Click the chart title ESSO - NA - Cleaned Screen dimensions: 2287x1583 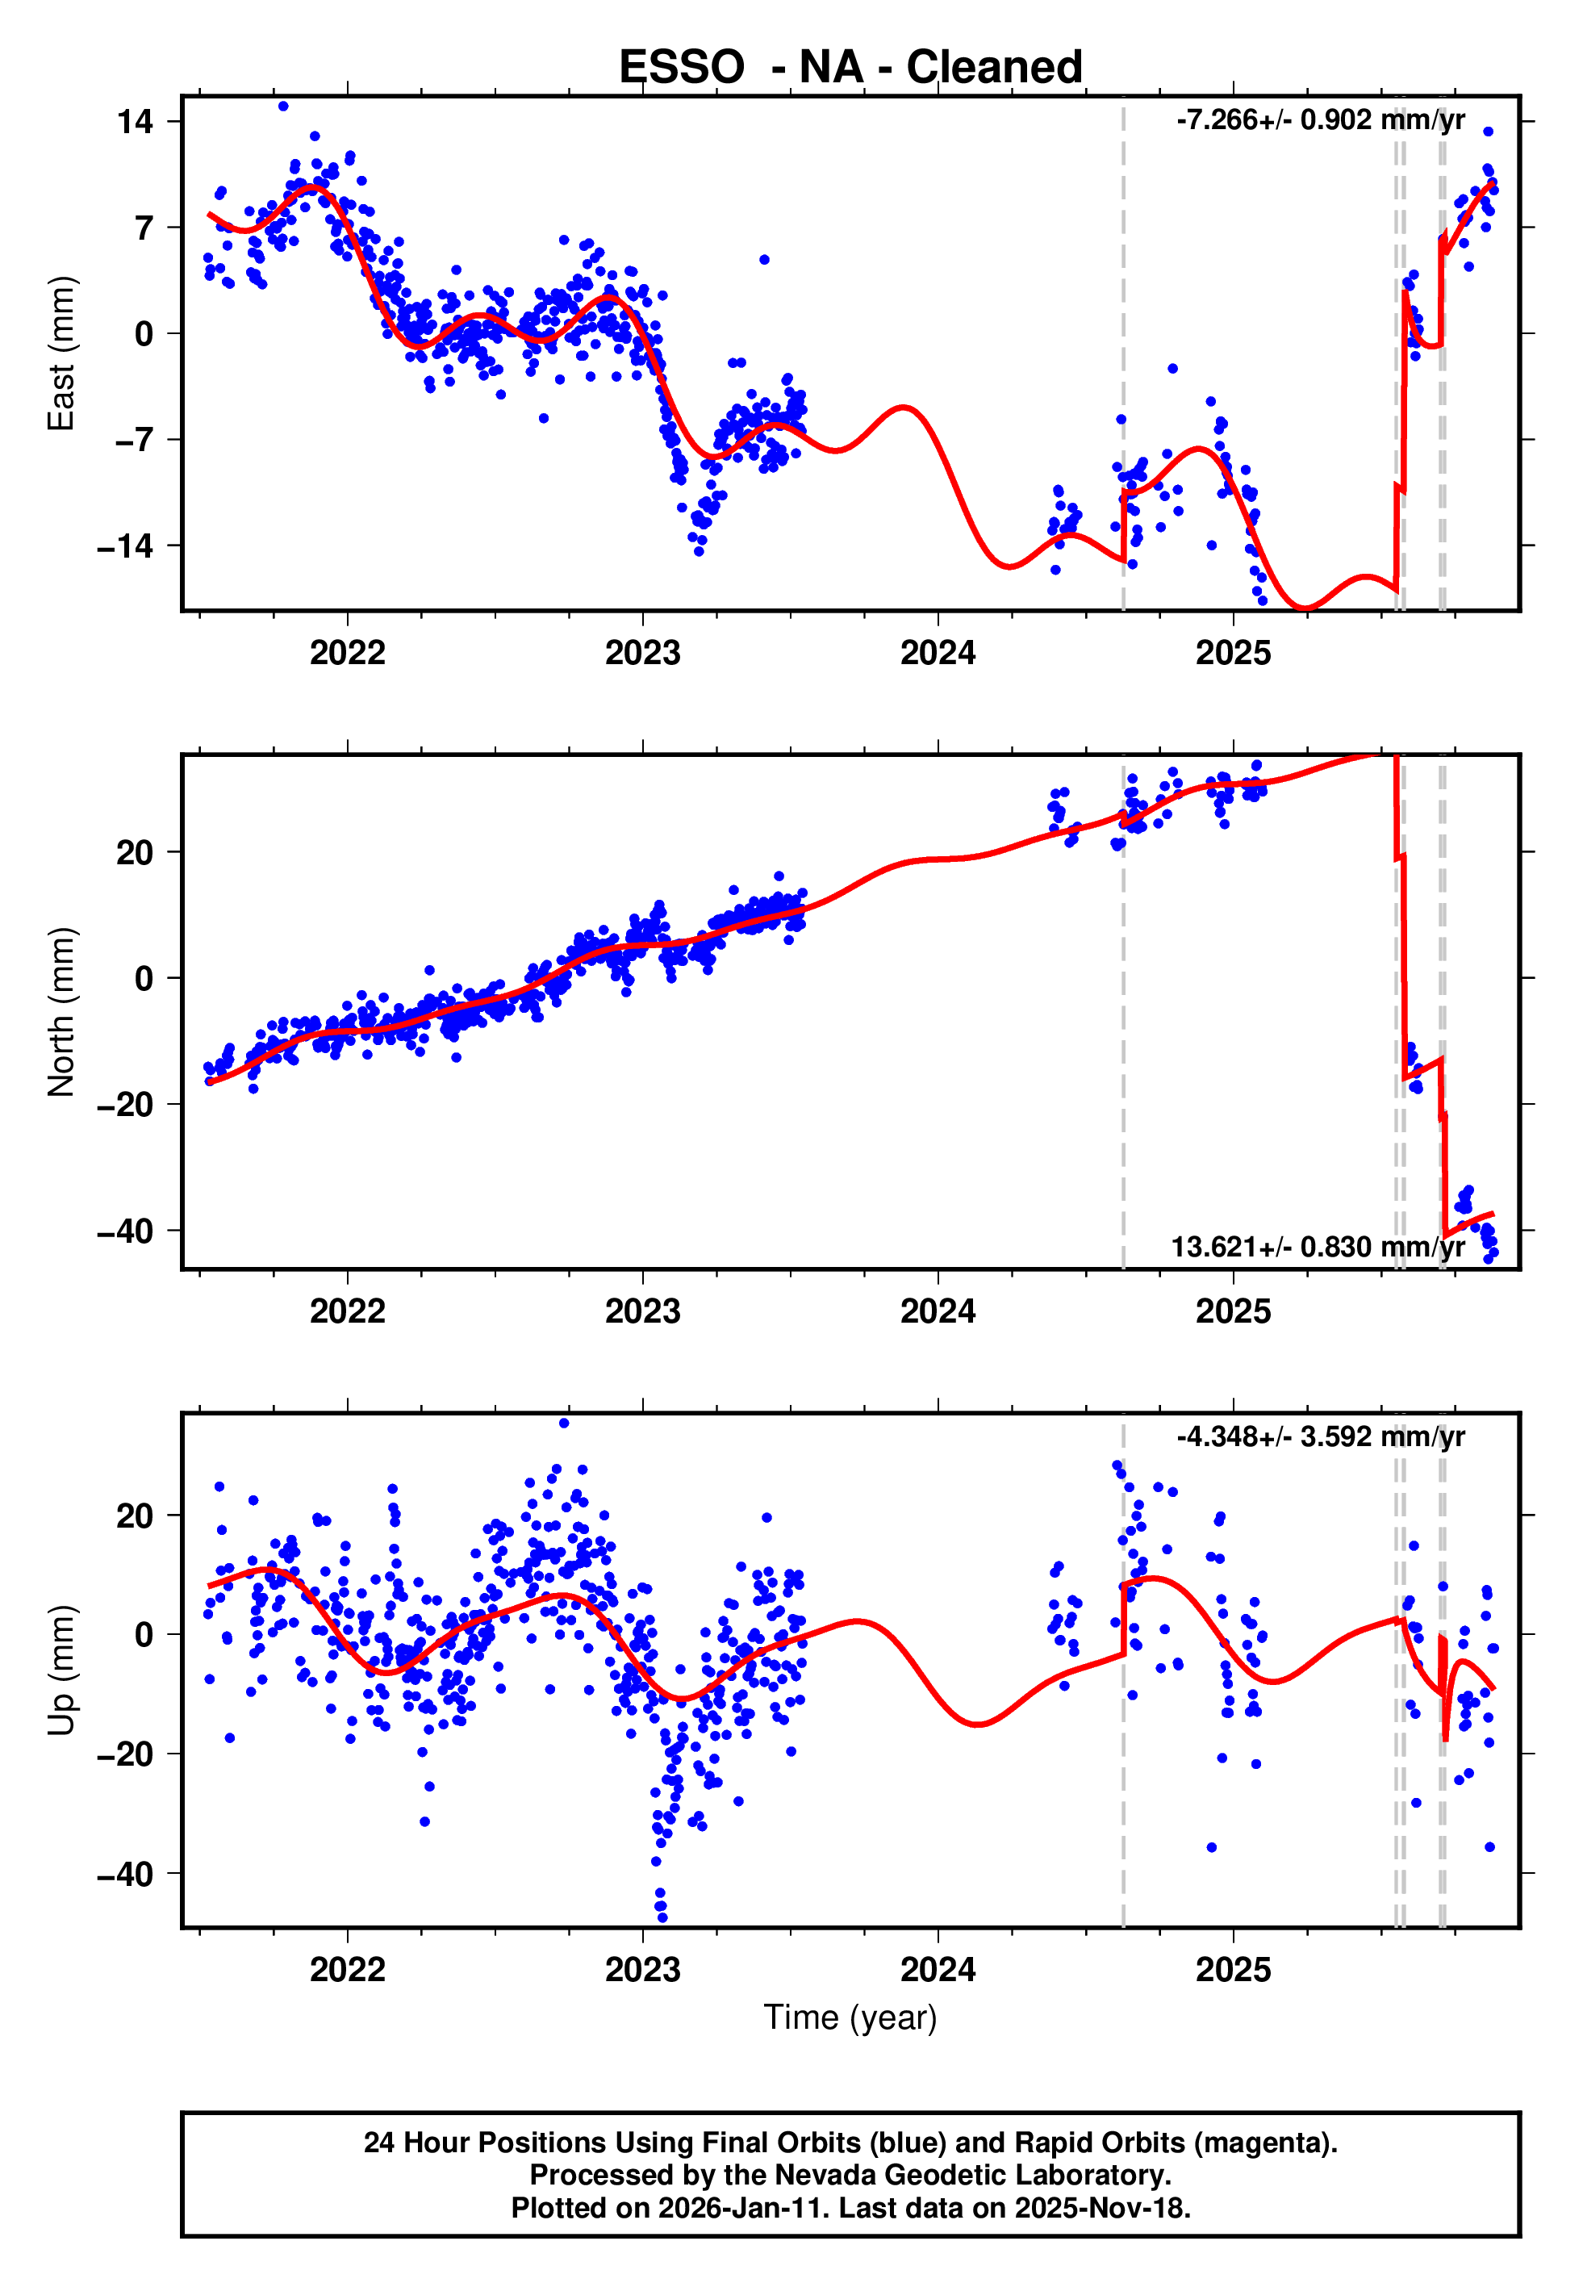click(x=850, y=68)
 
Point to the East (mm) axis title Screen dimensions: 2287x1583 click(x=61, y=353)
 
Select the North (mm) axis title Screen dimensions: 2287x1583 click(x=61, y=1012)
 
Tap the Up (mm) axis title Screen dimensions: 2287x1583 click(x=61, y=1670)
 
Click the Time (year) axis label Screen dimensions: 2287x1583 click(x=850, y=2017)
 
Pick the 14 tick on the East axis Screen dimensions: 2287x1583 click(x=135, y=122)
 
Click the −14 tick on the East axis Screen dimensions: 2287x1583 click(x=125, y=546)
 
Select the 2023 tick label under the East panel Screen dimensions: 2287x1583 click(x=643, y=654)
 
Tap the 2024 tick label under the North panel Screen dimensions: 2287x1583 click(x=938, y=1312)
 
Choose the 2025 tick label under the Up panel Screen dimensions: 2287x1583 click(x=1233, y=1970)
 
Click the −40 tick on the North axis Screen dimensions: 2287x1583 click(x=125, y=1231)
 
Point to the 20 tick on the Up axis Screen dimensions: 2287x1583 click(x=135, y=1516)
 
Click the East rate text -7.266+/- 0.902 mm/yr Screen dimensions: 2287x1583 click(x=1320, y=120)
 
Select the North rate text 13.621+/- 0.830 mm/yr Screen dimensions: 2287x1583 click(x=1318, y=1247)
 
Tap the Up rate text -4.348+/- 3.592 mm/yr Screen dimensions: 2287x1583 click(x=1320, y=1437)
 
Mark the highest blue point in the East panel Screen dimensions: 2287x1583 click(x=284, y=106)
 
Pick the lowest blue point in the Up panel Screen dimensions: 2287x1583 click(x=662, y=1917)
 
